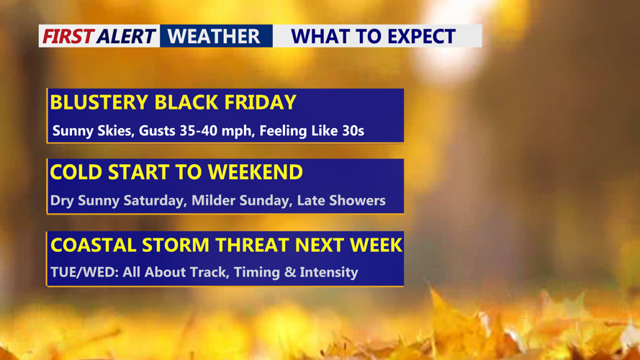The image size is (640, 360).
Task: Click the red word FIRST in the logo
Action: point(68,36)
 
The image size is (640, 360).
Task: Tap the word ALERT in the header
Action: point(127,36)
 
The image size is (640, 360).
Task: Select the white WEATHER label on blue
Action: point(214,36)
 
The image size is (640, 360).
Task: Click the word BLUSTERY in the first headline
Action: point(99,102)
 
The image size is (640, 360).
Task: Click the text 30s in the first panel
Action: point(353,130)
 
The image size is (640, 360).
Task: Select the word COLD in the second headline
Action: point(76,172)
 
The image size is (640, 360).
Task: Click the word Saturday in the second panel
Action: point(154,200)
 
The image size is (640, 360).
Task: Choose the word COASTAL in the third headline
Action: point(93,245)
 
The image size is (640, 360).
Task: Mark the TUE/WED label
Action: point(84,272)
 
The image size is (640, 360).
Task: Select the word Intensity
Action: point(328,272)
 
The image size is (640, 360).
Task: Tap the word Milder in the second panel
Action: point(213,200)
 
